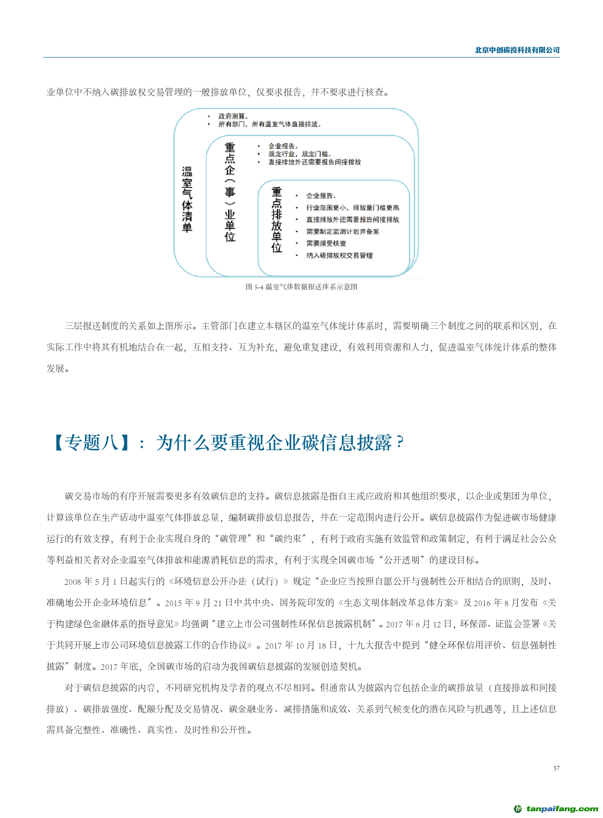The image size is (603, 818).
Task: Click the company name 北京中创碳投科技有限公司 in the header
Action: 517,50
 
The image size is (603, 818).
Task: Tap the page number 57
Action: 556,768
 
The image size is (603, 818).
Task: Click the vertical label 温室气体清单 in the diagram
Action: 187,199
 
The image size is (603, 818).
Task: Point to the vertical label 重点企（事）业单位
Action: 230,192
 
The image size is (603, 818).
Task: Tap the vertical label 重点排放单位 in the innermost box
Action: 276,220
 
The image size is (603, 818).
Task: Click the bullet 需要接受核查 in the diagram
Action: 326,244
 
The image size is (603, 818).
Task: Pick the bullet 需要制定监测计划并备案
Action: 343,231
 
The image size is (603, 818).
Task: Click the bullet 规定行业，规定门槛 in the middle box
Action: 299,154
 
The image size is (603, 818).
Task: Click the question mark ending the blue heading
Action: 399,442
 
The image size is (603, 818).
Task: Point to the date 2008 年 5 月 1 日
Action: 91,582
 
